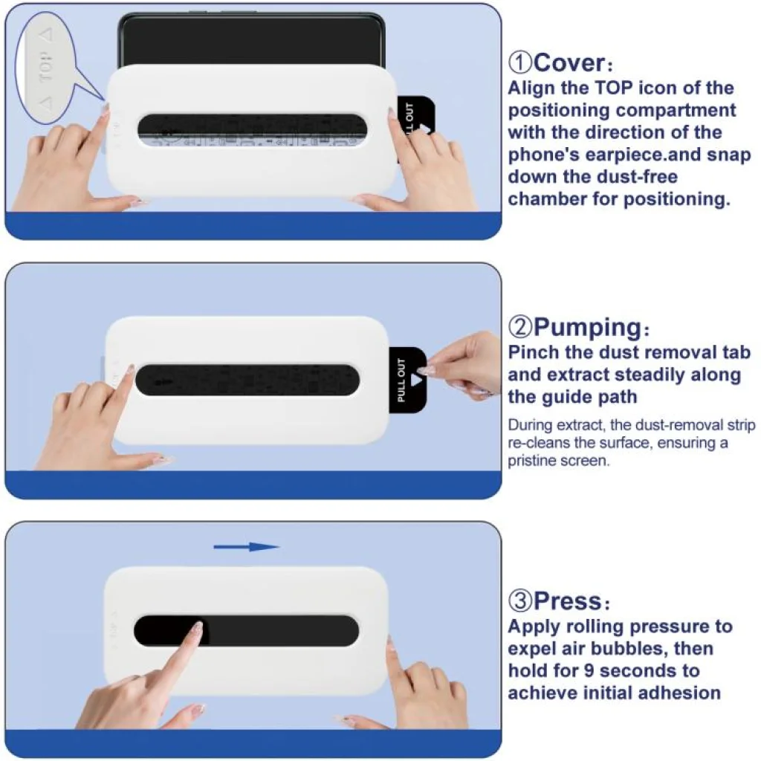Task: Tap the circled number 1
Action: (519, 63)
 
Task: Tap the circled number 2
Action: (519, 327)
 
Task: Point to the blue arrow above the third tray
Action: (247, 547)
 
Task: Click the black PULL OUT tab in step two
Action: (407, 380)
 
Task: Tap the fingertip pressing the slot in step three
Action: (196, 629)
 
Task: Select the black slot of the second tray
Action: (247, 380)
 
